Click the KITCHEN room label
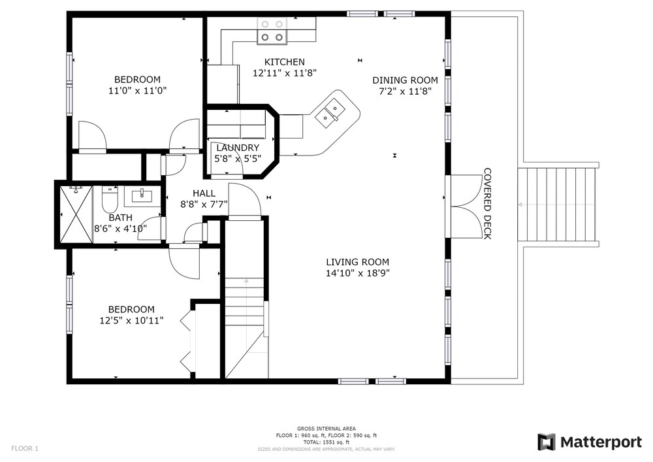pos(285,62)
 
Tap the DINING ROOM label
pos(405,80)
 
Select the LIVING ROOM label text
pos(357,262)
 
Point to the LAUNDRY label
pos(237,148)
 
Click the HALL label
pos(204,193)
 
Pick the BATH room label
pos(120,218)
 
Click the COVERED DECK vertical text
pos(487,203)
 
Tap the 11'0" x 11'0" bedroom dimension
pos(137,91)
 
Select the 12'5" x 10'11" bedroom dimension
pos(131,320)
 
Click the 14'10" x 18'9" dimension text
pos(357,273)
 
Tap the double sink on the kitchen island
pos(330,110)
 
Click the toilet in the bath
pos(110,199)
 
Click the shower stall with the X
pos(75,214)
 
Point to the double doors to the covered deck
pos(465,206)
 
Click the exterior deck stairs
pos(558,205)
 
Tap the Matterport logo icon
pos(547,442)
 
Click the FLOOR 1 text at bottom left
pos(25,448)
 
